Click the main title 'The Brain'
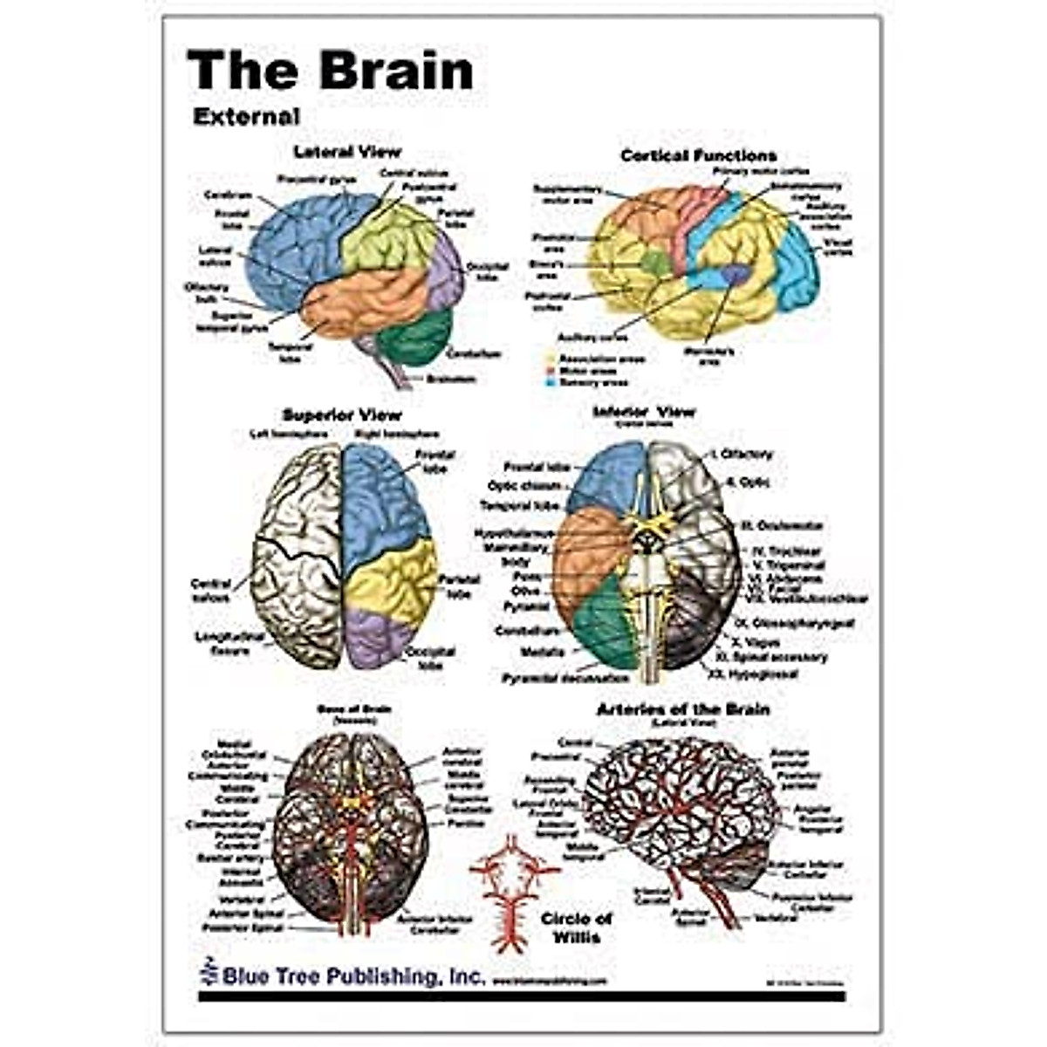click(330, 70)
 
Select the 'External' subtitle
click(246, 116)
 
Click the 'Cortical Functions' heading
click(698, 156)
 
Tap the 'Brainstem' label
click(451, 380)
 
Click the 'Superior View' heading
click(342, 415)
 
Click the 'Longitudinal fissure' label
click(229, 644)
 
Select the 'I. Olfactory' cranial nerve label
click(742, 455)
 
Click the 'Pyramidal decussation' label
click(565, 678)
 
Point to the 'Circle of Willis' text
click(577, 927)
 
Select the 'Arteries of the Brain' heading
click(682, 709)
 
